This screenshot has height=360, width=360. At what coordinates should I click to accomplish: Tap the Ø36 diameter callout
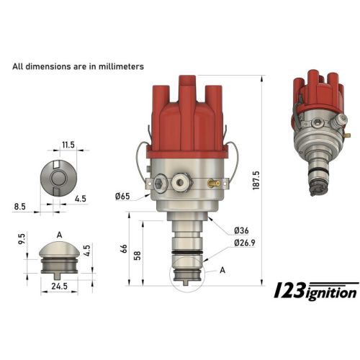pos(241,230)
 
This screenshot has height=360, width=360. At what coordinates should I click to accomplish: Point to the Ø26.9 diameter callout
pos(246,243)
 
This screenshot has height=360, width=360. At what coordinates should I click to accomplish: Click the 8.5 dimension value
pos(19,206)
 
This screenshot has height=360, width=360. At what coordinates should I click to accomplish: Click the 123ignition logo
pos(316,291)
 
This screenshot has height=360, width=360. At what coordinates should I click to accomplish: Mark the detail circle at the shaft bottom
pos(186,277)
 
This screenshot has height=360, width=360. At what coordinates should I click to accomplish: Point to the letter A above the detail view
pos(58,234)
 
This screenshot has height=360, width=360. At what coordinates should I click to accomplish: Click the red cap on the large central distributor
pos(186,119)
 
